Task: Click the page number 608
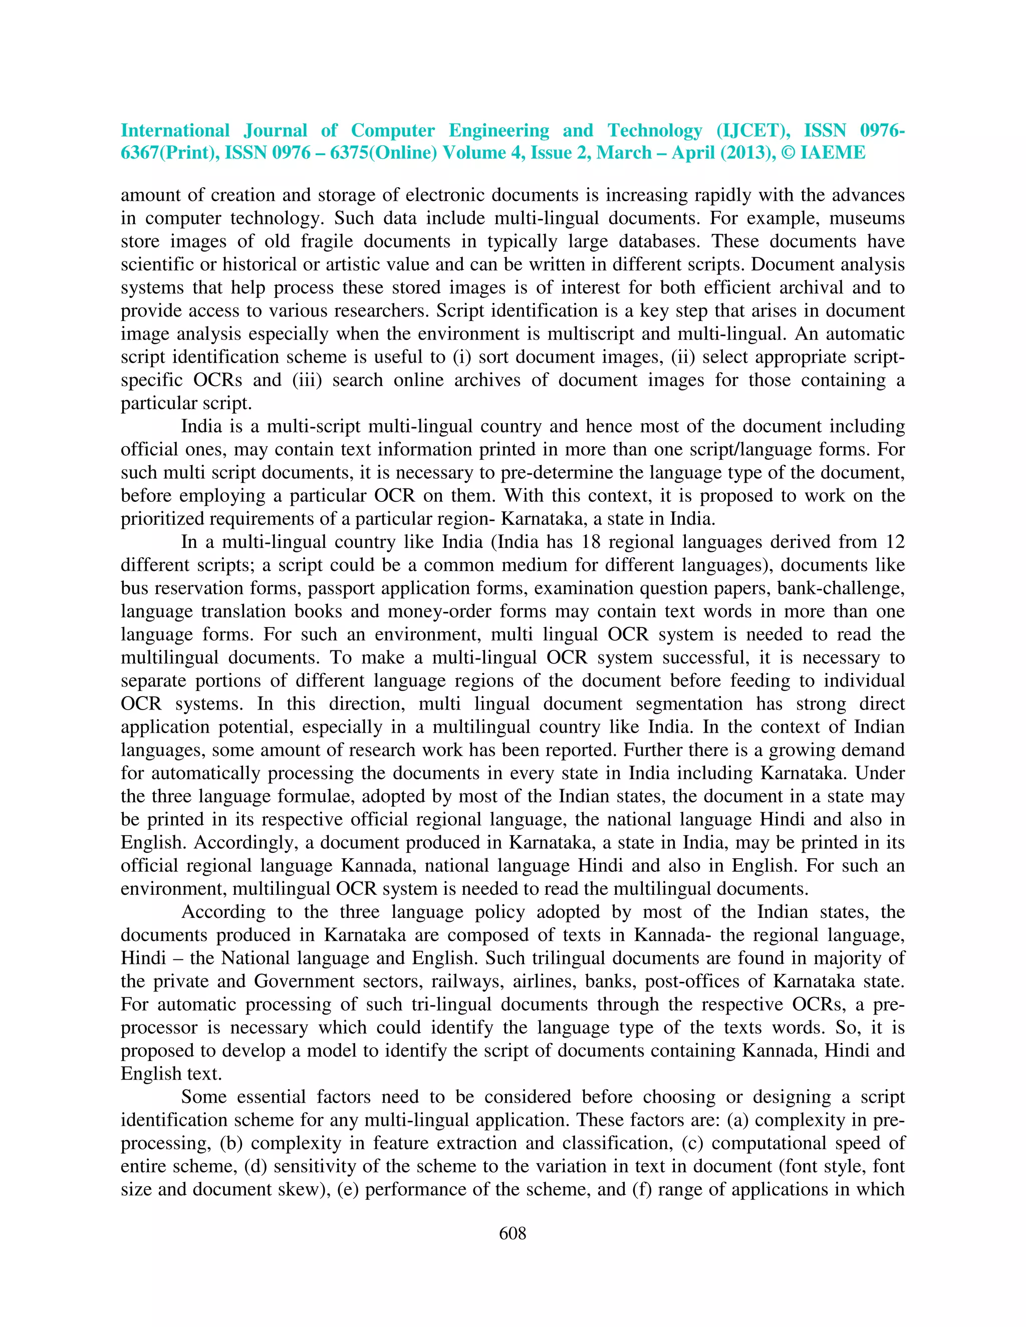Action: (x=512, y=1233)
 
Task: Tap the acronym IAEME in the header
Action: (x=833, y=153)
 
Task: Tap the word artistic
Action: (x=383, y=264)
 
